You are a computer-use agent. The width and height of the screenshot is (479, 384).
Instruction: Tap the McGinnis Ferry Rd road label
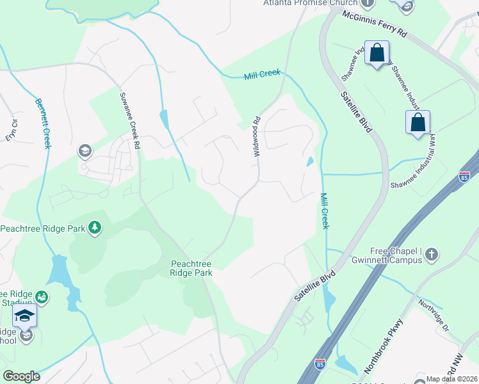pos(374,24)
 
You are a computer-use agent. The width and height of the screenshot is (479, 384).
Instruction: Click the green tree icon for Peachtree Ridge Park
pos(95,227)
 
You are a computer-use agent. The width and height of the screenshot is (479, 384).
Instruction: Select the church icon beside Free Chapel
pos(431,255)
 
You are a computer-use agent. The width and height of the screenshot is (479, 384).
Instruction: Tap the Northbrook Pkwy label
pos(382,346)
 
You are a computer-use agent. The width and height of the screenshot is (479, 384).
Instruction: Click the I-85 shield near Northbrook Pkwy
pos(320,364)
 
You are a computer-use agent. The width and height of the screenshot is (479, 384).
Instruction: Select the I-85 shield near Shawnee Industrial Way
pos(464,176)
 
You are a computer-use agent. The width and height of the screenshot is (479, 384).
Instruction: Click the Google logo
pos(21,376)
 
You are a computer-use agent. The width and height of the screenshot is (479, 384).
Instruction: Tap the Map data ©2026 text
pos(451,379)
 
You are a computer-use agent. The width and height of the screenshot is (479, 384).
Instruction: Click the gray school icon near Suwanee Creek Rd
pos(85,151)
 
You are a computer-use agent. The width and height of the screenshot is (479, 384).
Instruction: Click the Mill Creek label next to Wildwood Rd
pos(263,75)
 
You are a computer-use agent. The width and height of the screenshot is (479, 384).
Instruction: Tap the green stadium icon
pos(42,296)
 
